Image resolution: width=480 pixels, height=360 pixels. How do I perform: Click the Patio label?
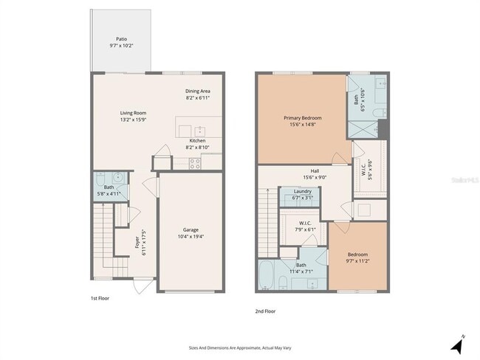(121, 38)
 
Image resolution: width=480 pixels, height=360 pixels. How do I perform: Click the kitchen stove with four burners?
(196, 164)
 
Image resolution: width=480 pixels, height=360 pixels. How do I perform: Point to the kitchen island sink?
(199, 130)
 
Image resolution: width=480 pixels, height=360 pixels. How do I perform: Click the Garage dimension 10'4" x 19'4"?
(191, 237)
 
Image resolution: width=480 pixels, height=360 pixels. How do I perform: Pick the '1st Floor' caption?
(100, 298)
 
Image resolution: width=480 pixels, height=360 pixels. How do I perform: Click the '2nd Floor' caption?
(265, 311)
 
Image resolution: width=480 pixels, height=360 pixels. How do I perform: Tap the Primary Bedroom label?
(303, 117)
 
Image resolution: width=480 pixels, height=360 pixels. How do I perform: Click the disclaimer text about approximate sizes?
(240, 345)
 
